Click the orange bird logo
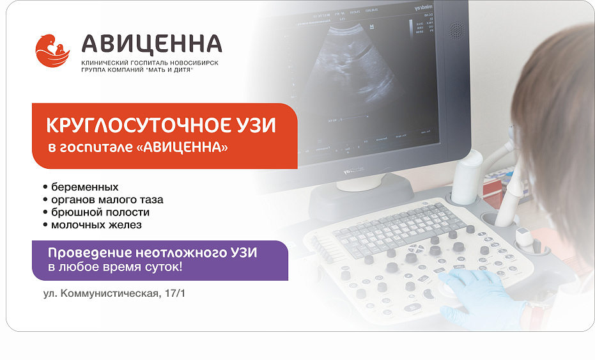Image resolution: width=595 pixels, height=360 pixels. (52, 51)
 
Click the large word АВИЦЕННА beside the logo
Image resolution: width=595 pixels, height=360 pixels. (151, 43)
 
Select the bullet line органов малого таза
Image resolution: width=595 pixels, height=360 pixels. (107, 200)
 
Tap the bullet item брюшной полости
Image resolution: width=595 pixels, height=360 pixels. (100, 212)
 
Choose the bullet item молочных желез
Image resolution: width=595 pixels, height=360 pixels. (96, 225)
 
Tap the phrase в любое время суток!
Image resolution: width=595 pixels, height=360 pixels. (116, 267)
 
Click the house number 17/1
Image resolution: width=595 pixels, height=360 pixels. (179, 294)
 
